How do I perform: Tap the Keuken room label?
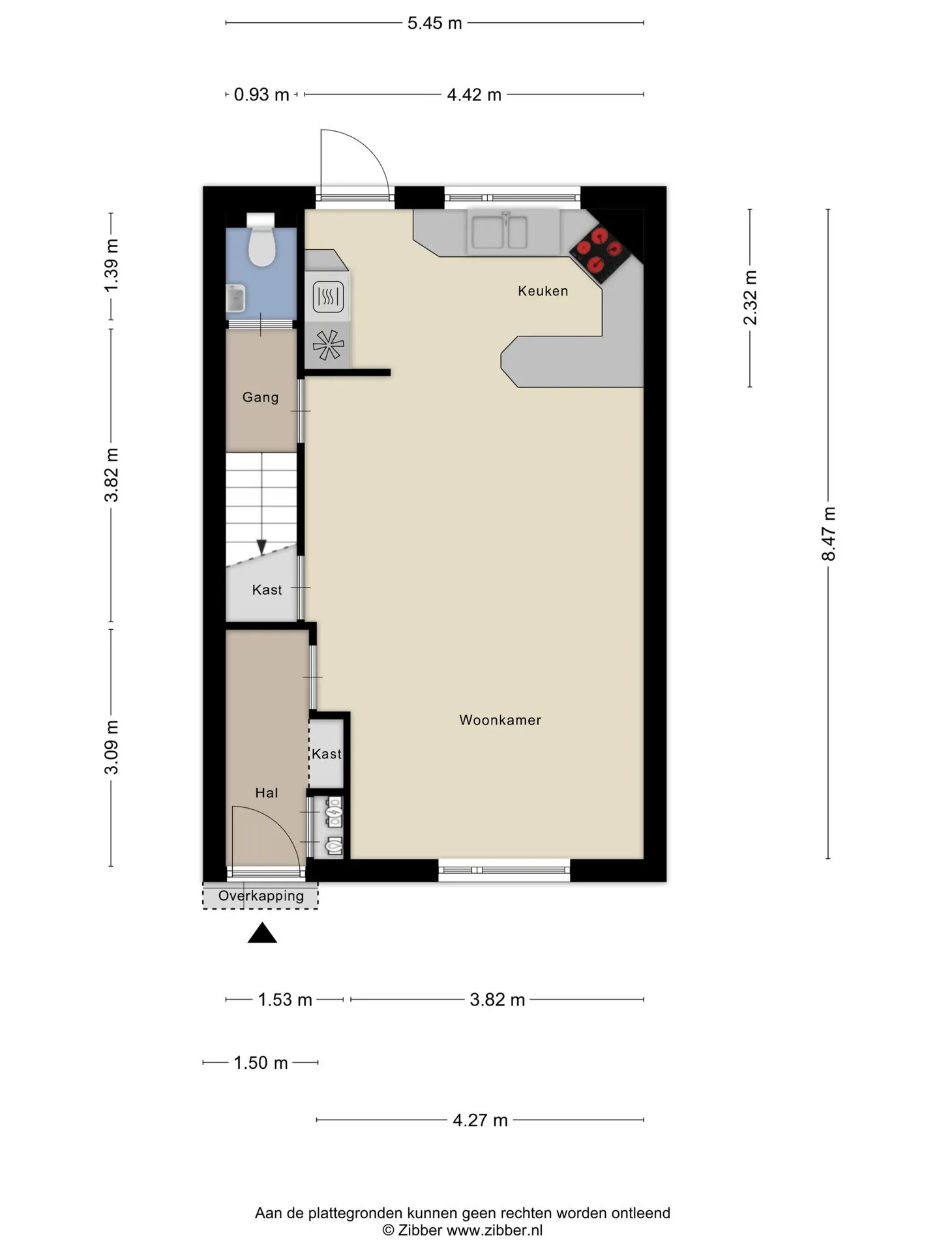click(x=543, y=291)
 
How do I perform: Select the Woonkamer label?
click(x=500, y=720)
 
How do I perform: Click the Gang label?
click(x=260, y=397)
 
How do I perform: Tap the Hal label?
click(x=267, y=793)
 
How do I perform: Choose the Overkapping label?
click(x=261, y=896)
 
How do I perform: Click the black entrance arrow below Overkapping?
click(x=262, y=933)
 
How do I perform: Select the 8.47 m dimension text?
click(x=828, y=533)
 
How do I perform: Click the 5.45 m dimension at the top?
click(x=434, y=23)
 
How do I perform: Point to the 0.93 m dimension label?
click(x=261, y=95)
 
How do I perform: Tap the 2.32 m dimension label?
click(x=751, y=297)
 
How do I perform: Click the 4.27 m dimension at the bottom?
click(x=481, y=1120)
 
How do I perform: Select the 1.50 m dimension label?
click(x=261, y=1063)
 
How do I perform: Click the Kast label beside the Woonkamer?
click(x=327, y=754)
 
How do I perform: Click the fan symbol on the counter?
click(x=328, y=345)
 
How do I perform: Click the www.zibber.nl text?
click(x=494, y=1230)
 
